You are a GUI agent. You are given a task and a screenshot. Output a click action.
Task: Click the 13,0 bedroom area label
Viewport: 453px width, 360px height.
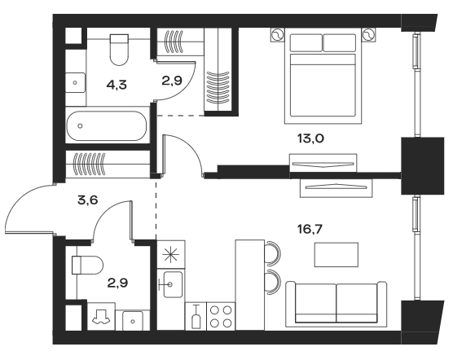310,138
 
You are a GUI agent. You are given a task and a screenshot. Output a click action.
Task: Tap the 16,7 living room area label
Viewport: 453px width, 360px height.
310,230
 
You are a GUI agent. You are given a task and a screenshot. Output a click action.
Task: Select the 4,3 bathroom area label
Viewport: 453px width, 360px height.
117,85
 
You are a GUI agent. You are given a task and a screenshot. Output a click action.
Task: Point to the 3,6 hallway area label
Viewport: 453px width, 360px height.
88,200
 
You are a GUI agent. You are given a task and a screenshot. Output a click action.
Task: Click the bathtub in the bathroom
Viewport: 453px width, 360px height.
107,126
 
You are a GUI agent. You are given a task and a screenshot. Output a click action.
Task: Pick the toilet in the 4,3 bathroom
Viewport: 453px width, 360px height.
119,50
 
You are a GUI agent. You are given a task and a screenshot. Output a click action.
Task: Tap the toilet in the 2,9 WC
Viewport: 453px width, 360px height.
87,265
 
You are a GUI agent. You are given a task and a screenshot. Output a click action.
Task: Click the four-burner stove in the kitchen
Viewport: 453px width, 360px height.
221,316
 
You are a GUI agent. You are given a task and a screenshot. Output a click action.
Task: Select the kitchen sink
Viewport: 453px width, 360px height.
173,284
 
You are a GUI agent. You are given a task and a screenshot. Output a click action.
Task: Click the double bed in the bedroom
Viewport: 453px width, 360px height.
323,76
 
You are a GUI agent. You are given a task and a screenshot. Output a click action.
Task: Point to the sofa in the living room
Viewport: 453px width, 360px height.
336,305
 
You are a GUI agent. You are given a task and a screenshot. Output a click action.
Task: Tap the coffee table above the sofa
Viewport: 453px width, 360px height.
336,255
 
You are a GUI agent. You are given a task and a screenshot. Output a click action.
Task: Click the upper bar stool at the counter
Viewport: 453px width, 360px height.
274,253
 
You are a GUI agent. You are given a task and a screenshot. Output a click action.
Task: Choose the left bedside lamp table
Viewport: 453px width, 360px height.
277,35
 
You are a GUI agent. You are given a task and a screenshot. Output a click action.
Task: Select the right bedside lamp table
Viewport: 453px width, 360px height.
368,35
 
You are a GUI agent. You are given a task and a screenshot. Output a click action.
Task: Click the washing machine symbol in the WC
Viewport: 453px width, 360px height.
101,317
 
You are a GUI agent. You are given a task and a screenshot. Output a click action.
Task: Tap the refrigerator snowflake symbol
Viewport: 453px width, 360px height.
171,255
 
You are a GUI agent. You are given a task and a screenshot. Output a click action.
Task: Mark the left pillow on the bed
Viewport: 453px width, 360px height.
306,43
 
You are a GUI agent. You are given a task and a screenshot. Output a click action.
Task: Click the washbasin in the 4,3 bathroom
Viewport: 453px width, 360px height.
75,82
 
